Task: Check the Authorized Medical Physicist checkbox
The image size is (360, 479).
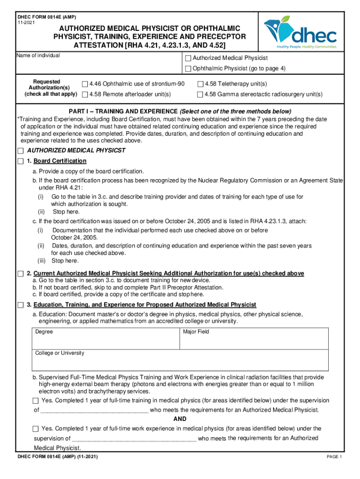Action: pyautogui.click(x=188, y=58)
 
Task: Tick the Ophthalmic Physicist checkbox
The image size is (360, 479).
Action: pyautogui.click(x=188, y=69)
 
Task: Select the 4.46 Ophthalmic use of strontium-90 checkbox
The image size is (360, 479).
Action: pyautogui.click(x=85, y=84)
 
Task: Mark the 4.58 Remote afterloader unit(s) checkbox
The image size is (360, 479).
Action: pyautogui.click(x=85, y=94)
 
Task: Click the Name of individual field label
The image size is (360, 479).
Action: pyautogui.click(x=38, y=56)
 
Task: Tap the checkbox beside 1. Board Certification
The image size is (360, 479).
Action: pyautogui.click(x=20, y=161)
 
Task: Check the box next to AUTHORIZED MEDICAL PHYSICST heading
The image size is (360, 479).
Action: pyautogui.click(x=20, y=151)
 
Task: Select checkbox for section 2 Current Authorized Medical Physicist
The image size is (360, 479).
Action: pyautogui.click(x=20, y=274)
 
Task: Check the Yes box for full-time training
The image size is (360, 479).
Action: pyautogui.click(x=36, y=401)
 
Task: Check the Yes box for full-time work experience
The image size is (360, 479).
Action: pyautogui.click(x=36, y=429)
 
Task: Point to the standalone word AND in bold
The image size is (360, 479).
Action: pyautogui.click(x=180, y=419)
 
